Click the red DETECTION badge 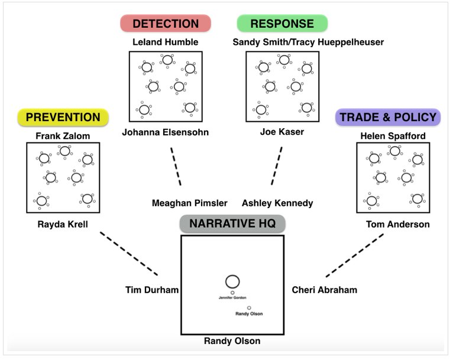pos(166,24)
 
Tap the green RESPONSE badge pos(282,24)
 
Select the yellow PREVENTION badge pos(63,117)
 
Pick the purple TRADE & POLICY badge pos(388,117)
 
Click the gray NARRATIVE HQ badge pos(232,223)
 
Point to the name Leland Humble pos(165,42)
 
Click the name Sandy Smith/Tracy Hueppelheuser pos(308,42)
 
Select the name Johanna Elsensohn pos(165,132)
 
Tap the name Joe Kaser pos(282,132)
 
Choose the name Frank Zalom pos(63,136)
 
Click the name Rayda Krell pos(63,224)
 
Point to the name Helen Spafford pos(393,136)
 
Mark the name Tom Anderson pos(398,224)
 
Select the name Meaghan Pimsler pos(189,203)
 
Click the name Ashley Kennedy pos(277,203)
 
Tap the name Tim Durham pos(152,290)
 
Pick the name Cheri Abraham pos(325,290)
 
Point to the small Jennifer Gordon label pos(232,298)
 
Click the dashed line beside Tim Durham pos(129,254)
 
